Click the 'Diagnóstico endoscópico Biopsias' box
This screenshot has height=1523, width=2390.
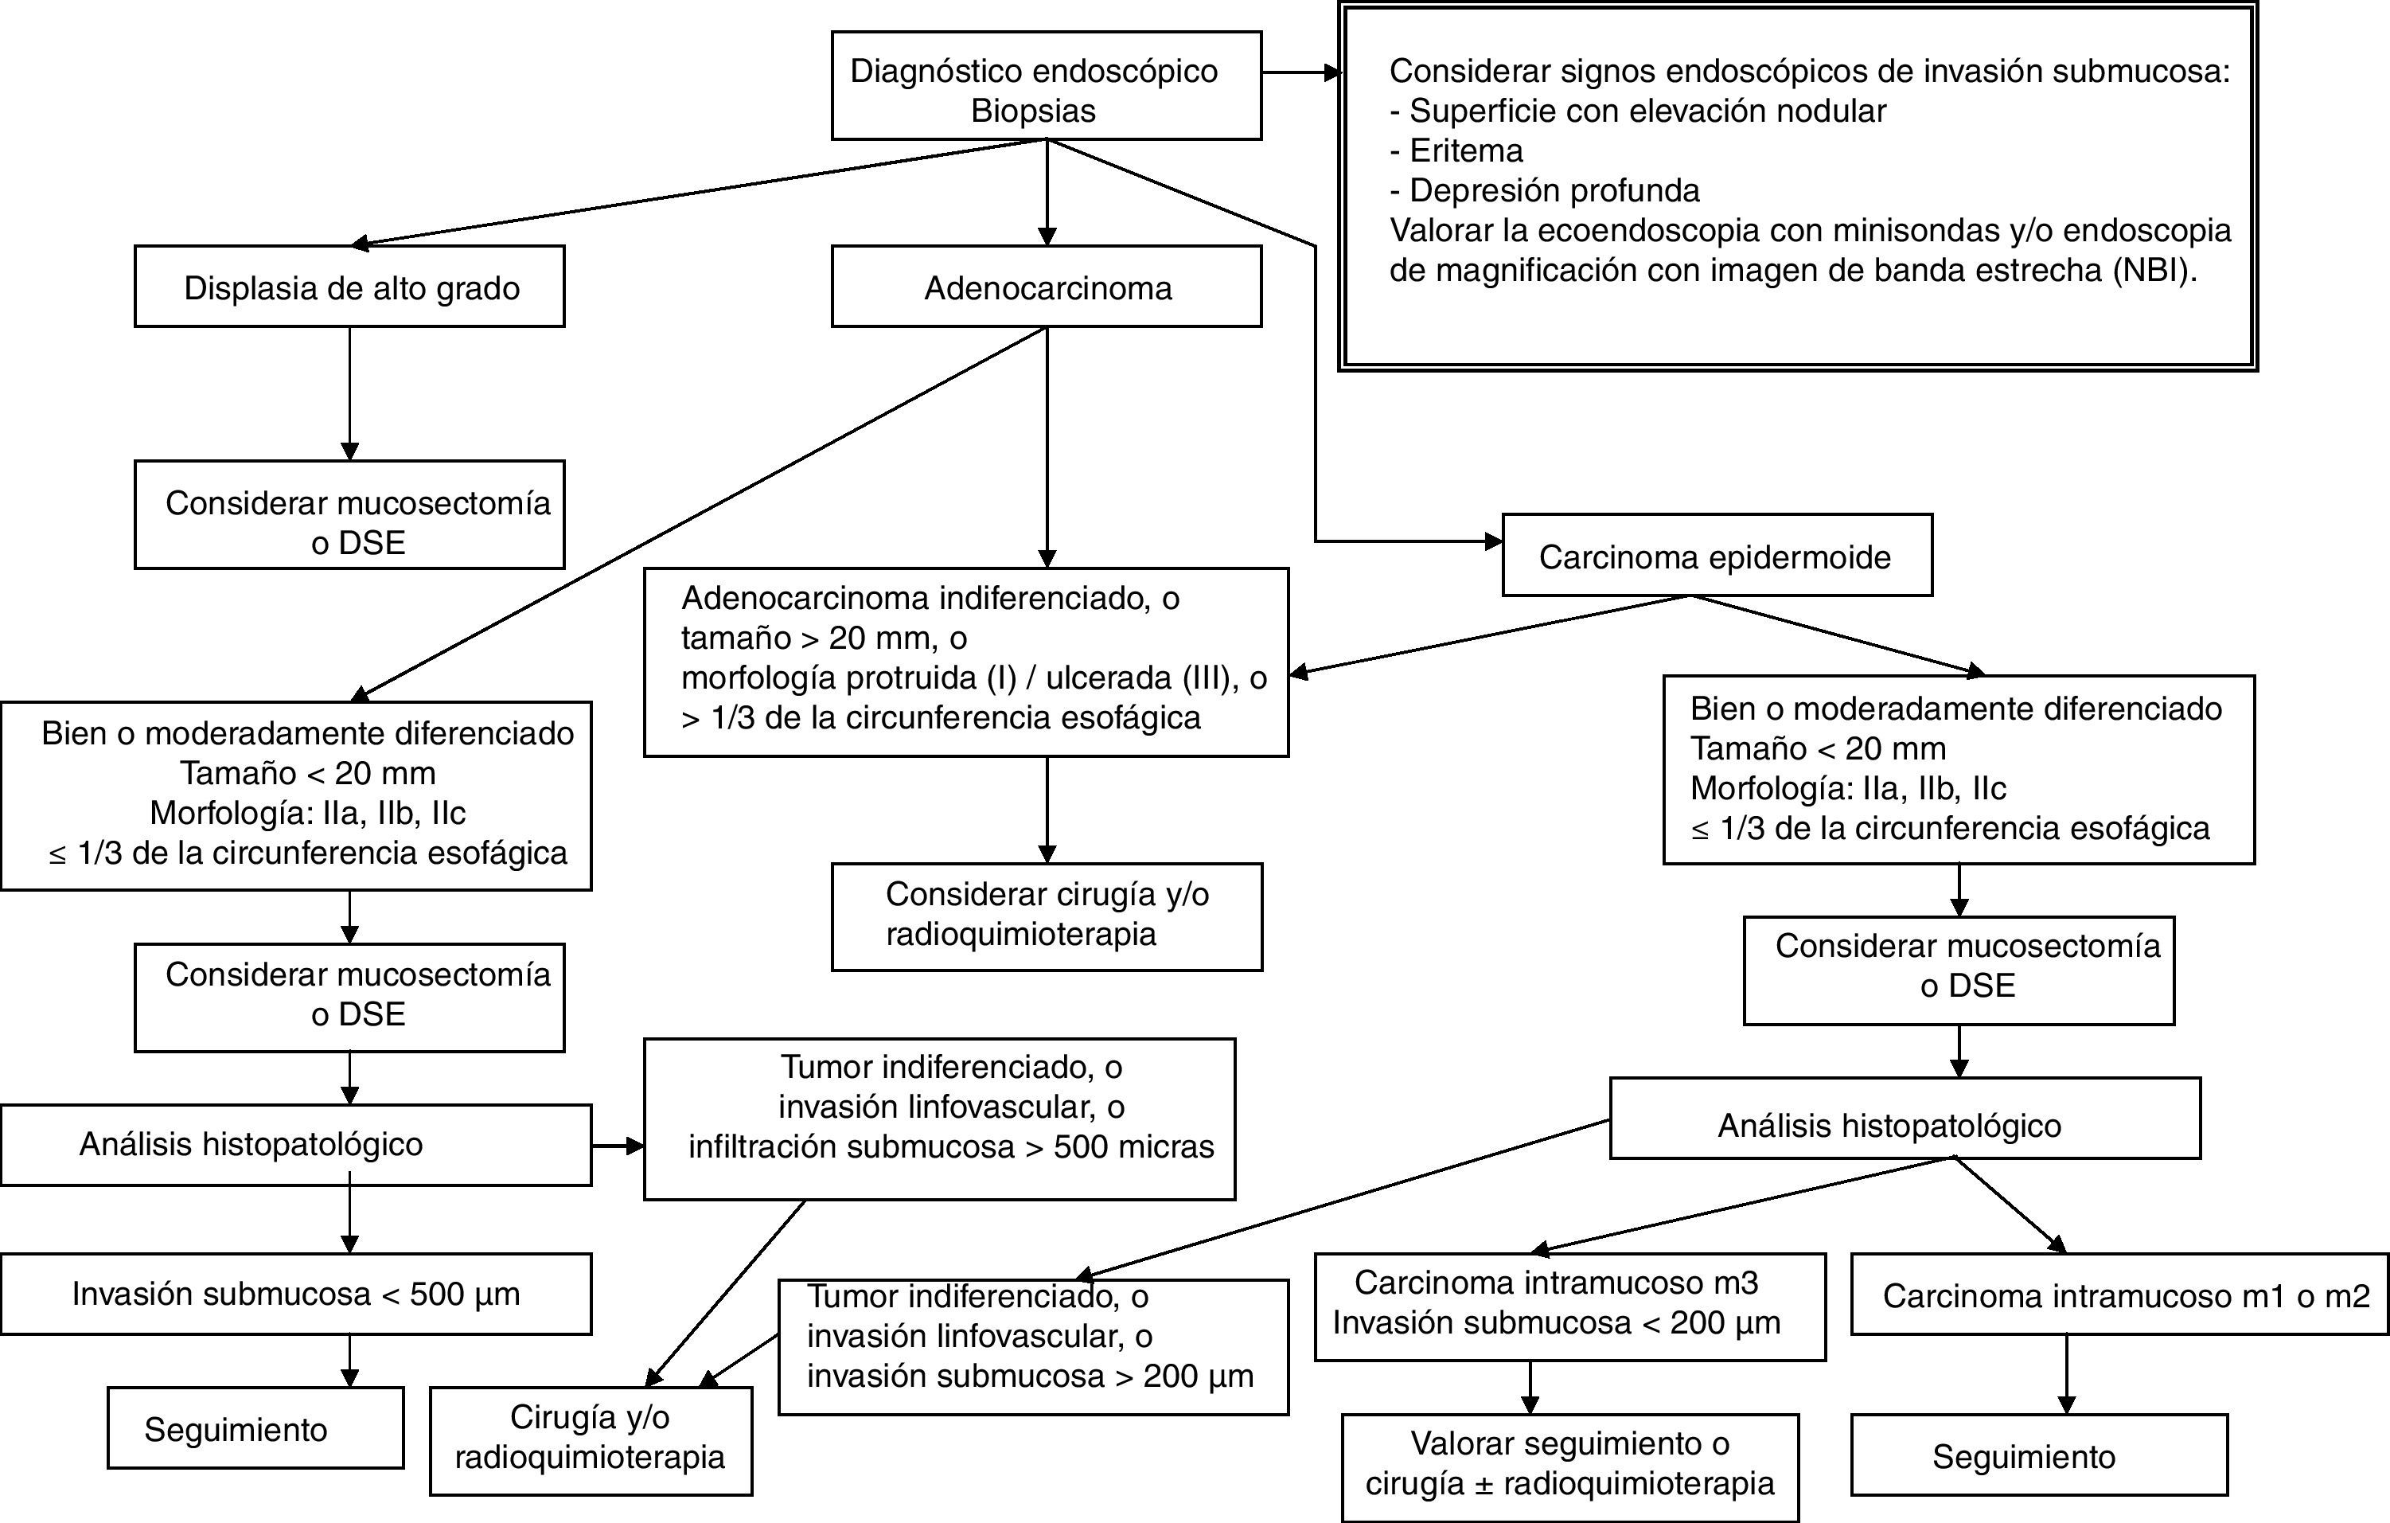coord(1046,85)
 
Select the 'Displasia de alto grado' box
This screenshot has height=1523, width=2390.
coord(349,287)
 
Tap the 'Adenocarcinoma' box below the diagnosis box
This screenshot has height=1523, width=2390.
coord(1046,287)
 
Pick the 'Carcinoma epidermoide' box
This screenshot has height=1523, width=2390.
coord(1716,556)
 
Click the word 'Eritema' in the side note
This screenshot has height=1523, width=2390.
coord(1466,151)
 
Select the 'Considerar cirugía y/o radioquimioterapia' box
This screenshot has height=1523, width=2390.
coord(1046,916)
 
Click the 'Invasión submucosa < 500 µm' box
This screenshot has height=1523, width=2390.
coord(296,1294)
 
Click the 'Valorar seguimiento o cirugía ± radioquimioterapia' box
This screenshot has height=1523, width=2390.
coord(1569,1462)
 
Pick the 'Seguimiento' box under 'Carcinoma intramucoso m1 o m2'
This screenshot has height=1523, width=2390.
coord(2025,1455)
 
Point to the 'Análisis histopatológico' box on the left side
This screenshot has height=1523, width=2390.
coord(296,1144)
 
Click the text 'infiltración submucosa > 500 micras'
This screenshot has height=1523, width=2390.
coord(951,1146)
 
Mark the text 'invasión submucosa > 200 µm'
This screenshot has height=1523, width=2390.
coord(1029,1376)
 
